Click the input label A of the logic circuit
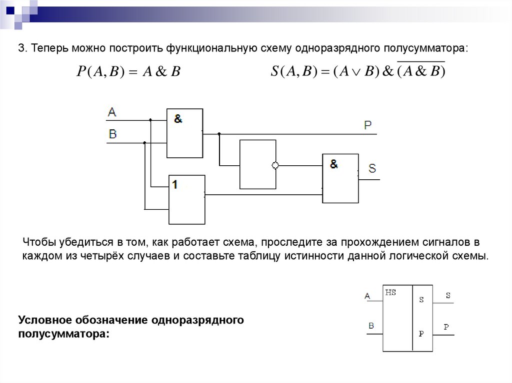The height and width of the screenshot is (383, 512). click(112, 112)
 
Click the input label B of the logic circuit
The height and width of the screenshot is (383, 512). click(112, 134)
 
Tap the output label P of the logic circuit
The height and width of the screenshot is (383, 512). click(367, 125)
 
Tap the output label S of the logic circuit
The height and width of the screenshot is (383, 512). click(372, 168)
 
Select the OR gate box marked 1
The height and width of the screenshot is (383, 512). click(186, 199)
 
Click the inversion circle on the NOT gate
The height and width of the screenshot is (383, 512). click(274, 165)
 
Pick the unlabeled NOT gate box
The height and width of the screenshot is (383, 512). click(257, 164)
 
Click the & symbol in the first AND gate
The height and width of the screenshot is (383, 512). click(178, 119)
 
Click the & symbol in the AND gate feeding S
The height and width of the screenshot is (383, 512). click(333, 163)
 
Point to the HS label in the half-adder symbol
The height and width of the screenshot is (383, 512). click(390, 293)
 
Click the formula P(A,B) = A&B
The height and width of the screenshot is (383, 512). click(128, 71)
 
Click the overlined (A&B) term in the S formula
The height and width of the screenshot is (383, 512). click(421, 71)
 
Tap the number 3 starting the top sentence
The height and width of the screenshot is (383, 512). click(21, 49)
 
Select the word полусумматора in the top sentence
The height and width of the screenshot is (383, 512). click(425, 49)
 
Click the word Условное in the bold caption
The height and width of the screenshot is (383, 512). click(45, 320)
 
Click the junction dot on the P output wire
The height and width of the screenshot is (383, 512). click(219, 134)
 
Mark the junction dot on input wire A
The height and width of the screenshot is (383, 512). click(150, 120)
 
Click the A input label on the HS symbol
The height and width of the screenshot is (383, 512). click(367, 296)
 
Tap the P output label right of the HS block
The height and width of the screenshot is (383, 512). click(446, 327)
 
